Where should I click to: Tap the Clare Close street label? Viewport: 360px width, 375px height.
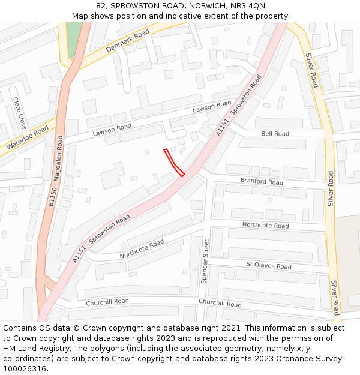pyautogui.click(x=20, y=114)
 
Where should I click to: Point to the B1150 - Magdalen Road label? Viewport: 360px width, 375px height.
pyautogui.click(x=55, y=172)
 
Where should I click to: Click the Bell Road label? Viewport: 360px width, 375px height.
pyautogui.click(x=275, y=134)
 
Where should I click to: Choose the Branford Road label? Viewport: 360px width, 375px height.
pyautogui.click(x=262, y=182)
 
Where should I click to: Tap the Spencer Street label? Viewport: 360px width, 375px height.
pyautogui.click(x=206, y=261)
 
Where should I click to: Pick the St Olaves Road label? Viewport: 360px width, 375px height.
pyautogui.click(x=269, y=266)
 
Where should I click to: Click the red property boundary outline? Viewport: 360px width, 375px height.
pyautogui.click(x=173, y=162)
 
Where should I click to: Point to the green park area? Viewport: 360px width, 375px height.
pyautogui.click(x=73, y=39)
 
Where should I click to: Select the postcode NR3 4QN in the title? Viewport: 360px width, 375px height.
pyautogui.click(x=248, y=5)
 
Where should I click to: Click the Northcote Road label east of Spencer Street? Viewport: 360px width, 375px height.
pyautogui.click(x=265, y=226)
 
